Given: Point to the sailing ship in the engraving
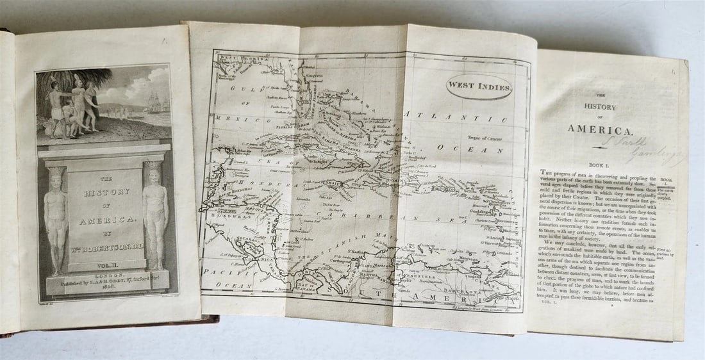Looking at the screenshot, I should [x=155, y=103].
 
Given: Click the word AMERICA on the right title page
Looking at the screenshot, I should [x=599, y=128].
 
